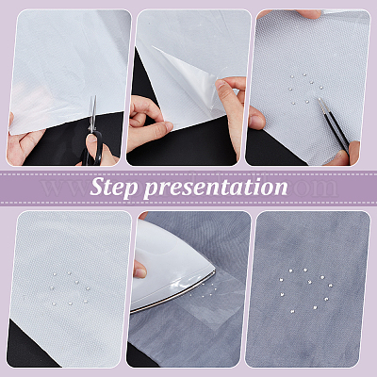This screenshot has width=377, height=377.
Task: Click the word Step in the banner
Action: pyautogui.click(x=114, y=188)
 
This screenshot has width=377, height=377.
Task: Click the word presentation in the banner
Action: pyautogui.click(x=216, y=188)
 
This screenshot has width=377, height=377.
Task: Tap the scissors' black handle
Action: pyautogui.click(x=91, y=150)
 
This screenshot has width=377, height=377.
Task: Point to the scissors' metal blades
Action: pyautogui.click(x=92, y=114)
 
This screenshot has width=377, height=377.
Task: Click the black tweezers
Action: pyautogui.click(x=333, y=124)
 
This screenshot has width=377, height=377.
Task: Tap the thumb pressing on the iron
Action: pyautogui.click(x=139, y=269)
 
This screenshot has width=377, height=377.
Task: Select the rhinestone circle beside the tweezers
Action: pyautogui.click(x=306, y=89)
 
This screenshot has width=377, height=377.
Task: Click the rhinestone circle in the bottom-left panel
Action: pyautogui.click(x=70, y=288)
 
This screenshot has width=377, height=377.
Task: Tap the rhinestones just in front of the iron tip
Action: pyautogui.click(x=206, y=290)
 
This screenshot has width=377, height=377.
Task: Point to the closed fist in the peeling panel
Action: pyautogui.click(x=148, y=120)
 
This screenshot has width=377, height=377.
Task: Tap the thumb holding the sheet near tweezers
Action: pyautogui.click(x=256, y=118)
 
